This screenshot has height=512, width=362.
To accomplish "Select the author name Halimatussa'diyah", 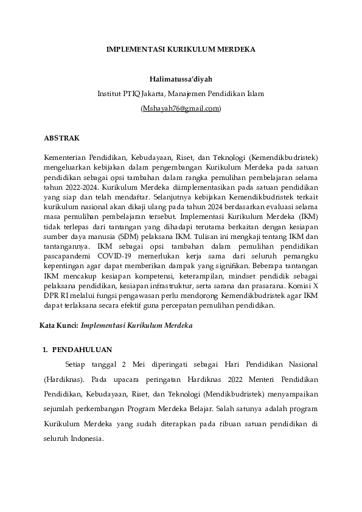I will click(181, 79).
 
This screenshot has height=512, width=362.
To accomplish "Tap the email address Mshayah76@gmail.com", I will click(181, 108).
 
